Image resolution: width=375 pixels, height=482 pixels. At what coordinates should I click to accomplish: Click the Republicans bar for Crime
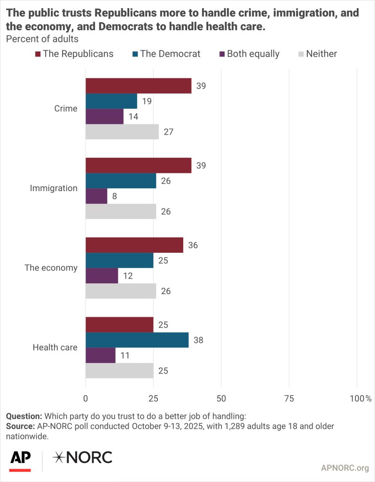138,86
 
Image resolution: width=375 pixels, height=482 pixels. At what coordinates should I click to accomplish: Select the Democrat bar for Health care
137,340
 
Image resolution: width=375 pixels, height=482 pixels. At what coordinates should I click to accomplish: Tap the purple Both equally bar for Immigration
96,196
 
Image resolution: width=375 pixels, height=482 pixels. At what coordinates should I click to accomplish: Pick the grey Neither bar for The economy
120,291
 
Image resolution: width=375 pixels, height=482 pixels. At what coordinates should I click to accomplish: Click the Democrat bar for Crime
111,101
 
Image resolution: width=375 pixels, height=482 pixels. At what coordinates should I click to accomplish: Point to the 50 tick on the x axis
221,399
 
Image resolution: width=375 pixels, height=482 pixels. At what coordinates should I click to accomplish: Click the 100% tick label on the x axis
361,399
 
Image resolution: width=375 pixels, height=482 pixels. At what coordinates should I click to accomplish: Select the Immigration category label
54,188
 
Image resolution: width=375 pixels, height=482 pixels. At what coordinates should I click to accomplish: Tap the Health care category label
55,348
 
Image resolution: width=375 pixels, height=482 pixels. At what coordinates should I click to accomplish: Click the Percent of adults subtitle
42,39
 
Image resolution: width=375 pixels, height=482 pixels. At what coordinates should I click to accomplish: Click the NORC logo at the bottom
82,457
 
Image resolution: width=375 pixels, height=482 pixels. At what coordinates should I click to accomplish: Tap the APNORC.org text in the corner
345,468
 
